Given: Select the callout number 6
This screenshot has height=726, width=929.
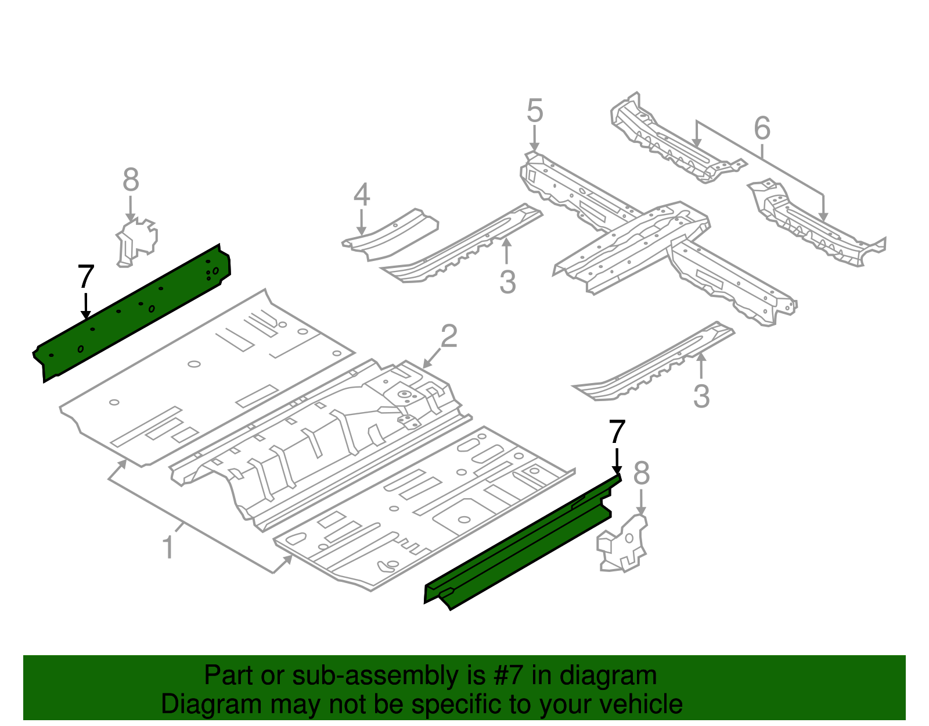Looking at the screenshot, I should (762, 128).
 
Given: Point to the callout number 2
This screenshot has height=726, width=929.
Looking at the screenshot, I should (449, 337).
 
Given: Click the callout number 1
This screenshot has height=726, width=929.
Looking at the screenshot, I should (168, 548).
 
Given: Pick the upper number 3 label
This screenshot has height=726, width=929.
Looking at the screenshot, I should (507, 282).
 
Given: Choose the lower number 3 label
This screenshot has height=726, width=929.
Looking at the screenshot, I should (701, 396).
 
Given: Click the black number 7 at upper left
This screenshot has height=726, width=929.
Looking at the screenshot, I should (85, 277).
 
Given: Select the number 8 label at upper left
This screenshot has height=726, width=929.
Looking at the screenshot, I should (131, 180).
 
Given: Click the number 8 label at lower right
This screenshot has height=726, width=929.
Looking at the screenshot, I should (641, 474).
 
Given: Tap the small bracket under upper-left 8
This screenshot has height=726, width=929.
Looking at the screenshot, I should (137, 241).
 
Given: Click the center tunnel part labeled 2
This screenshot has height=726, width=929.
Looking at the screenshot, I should (325, 442).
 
